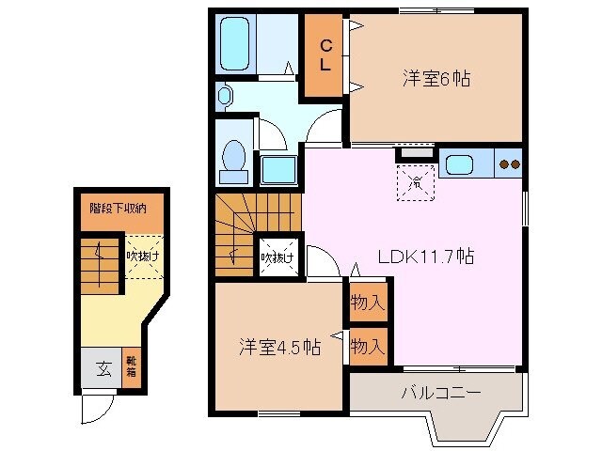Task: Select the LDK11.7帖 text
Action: click(425, 257)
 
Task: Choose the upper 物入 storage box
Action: click(367, 303)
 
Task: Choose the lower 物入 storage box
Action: click(367, 347)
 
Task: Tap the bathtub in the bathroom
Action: click(234, 43)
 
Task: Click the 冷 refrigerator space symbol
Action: click(414, 182)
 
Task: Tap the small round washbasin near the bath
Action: click(224, 94)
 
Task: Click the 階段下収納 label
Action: click(118, 209)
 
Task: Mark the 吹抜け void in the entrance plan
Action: click(143, 256)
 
